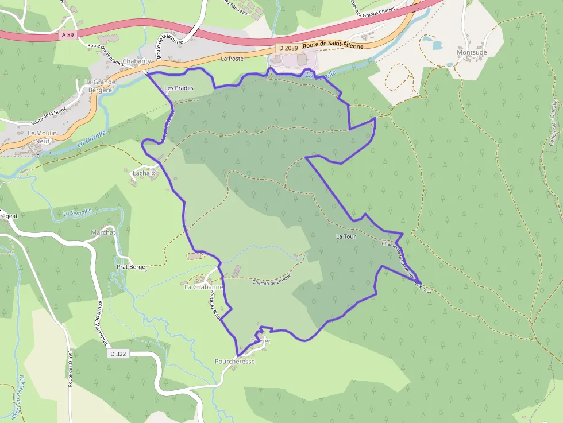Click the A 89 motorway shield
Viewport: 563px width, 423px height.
[x=67, y=35]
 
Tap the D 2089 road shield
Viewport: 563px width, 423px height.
[x=288, y=48]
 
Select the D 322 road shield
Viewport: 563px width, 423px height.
[x=117, y=354]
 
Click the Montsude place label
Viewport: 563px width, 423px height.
[x=472, y=52]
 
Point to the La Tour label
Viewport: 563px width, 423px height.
[x=346, y=236]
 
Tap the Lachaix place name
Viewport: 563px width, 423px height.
[x=144, y=172]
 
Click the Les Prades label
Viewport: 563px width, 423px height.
[x=179, y=88]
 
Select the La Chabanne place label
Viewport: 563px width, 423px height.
[x=203, y=287]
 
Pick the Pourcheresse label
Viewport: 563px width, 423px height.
[x=234, y=362]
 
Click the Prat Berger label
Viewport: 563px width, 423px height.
[x=132, y=267]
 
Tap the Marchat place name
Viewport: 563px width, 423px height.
[x=103, y=232]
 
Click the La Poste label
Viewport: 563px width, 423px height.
[x=233, y=59]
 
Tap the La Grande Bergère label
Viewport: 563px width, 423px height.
[x=100, y=86]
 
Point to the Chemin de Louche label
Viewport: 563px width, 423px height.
[x=272, y=280]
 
